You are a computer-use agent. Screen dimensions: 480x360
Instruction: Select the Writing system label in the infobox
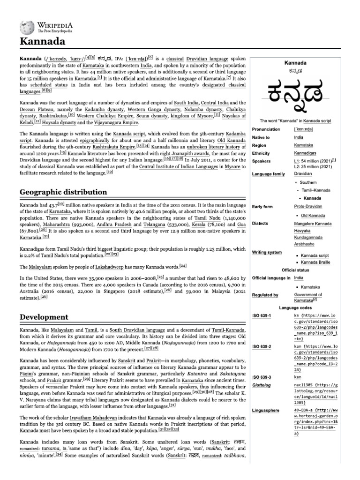click(267, 252)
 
